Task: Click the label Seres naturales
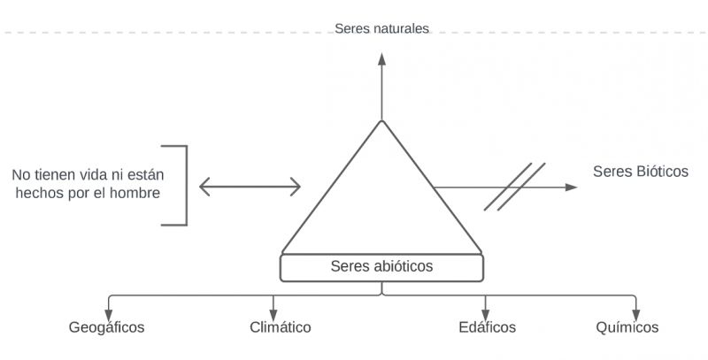point(381,28)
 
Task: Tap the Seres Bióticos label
point(640,171)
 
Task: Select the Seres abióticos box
point(381,266)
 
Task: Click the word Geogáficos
point(106,328)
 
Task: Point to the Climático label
point(281,328)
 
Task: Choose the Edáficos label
point(487,328)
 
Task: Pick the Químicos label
point(627,328)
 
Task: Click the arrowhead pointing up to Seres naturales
point(382,59)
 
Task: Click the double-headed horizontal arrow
point(250,186)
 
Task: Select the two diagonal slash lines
point(514,186)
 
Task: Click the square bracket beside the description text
point(183,185)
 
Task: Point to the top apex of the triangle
point(382,121)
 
